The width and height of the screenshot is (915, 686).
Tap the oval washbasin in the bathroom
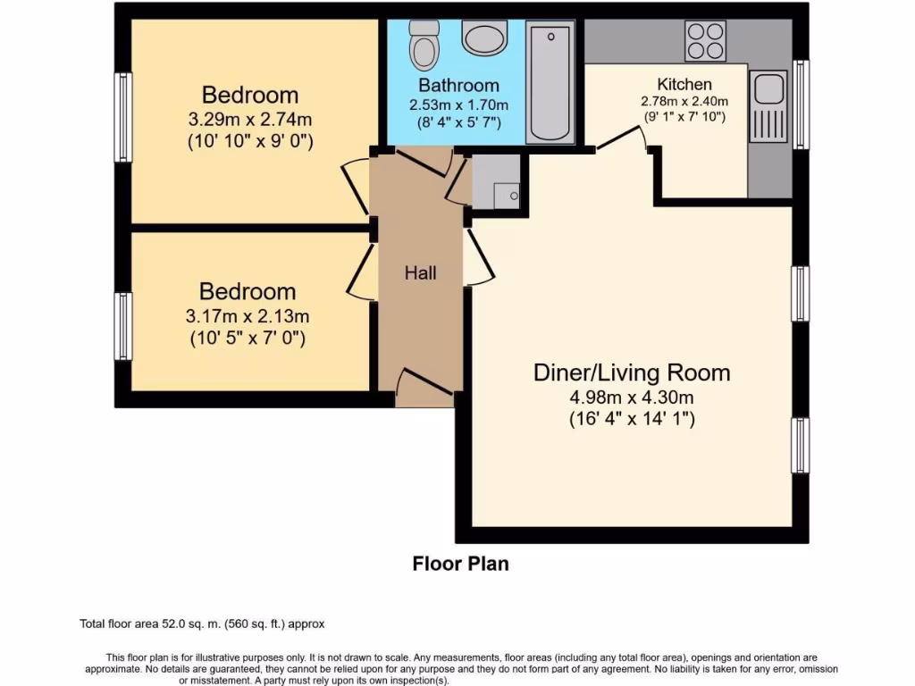pyautogui.click(x=484, y=38)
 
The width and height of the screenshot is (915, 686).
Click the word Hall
pyautogui.click(x=420, y=272)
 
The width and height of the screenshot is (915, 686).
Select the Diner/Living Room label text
pyautogui.click(x=632, y=372)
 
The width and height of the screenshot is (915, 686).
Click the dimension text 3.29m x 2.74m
pyautogui.click(x=249, y=118)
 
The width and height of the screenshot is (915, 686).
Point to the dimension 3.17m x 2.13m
pyautogui.click(x=247, y=315)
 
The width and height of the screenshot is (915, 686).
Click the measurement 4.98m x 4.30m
pyautogui.click(x=632, y=396)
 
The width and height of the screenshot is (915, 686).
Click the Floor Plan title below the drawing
pyautogui.click(x=460, y=564)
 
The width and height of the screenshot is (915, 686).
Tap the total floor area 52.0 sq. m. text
pyautogui.click(x=208, y=623)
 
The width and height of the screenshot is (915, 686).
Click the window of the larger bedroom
pyautogui.click(x=123, y=117)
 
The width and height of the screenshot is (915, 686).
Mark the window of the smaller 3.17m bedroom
pyautogui.click(x=123, y=326)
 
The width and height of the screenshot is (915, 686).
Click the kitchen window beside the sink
pyautogui.click(x=802, y=105)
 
